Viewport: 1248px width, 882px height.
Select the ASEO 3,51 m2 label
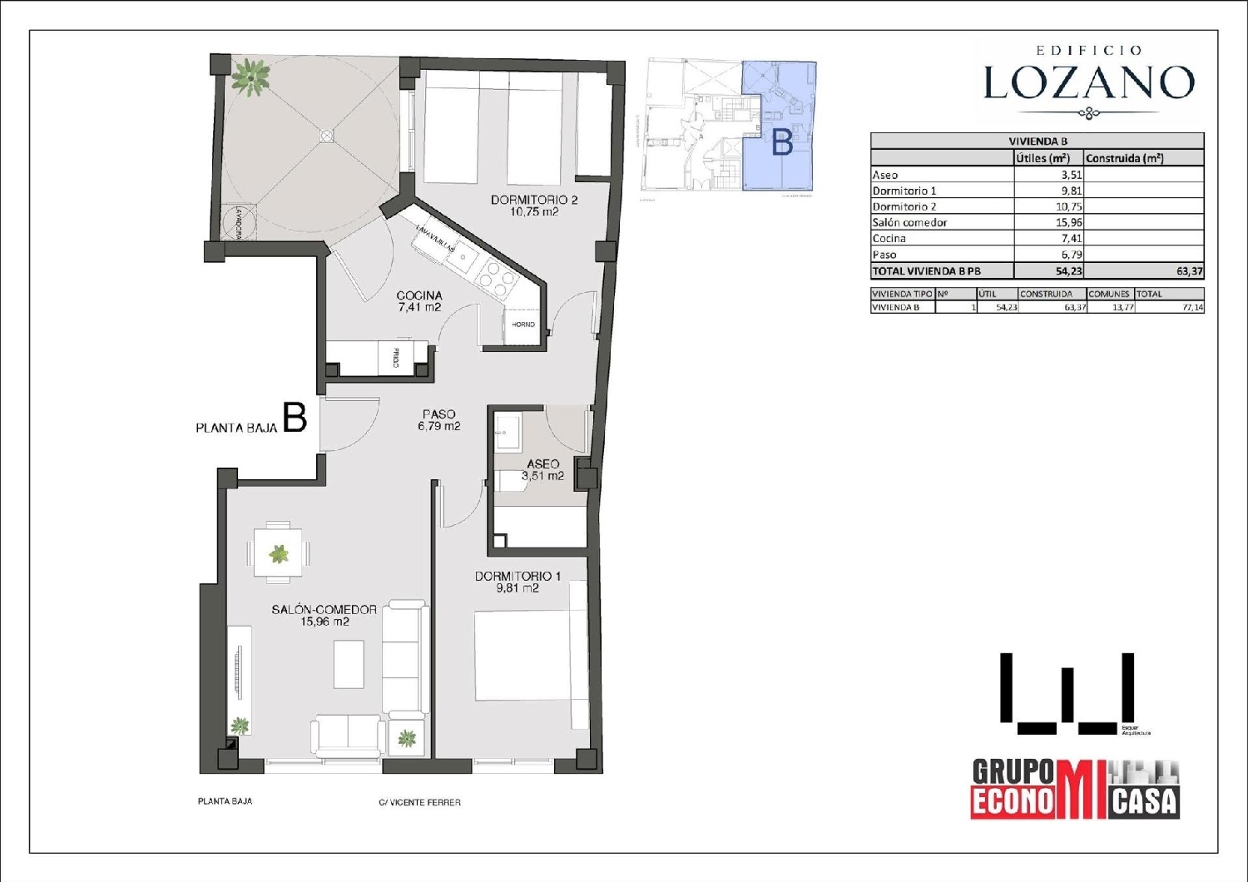542,470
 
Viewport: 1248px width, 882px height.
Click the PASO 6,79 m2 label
438,420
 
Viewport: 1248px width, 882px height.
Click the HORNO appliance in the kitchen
523,325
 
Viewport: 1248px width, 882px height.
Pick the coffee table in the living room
349,663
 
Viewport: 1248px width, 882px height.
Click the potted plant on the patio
250,77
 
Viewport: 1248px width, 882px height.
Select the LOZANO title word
1088,82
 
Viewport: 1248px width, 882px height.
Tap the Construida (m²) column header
1124,158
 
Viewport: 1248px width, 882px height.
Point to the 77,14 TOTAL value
1191,307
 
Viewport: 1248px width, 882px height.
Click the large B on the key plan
781,143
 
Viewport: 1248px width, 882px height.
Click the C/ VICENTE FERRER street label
419,802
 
